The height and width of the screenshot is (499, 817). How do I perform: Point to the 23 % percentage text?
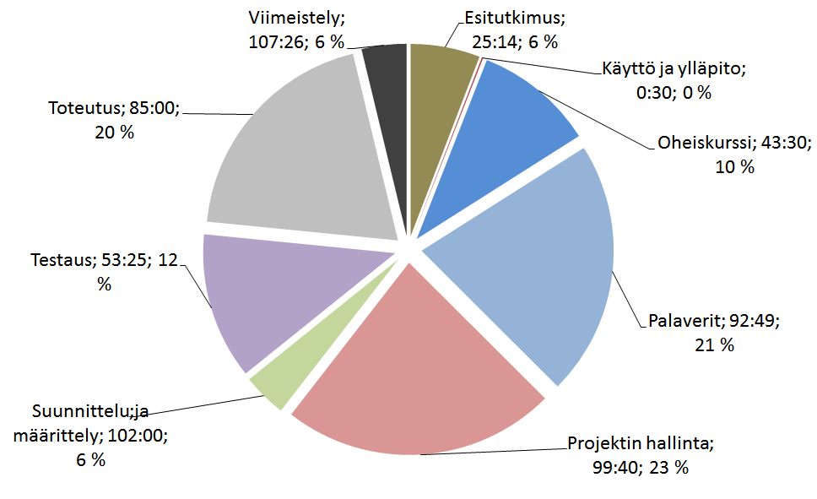pyautogui.click(x=668, y=467)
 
